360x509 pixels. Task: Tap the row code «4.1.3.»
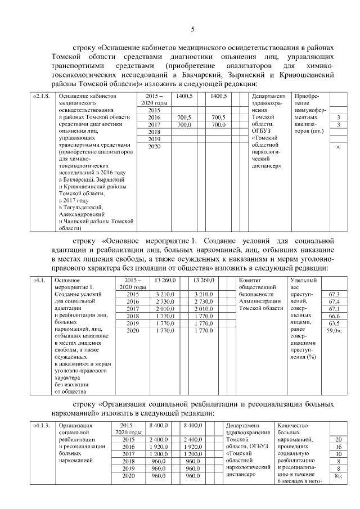43,426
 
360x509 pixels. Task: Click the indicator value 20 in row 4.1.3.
338,439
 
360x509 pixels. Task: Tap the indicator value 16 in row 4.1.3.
338,447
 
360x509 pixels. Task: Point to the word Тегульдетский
82,206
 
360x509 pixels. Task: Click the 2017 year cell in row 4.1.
133,309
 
